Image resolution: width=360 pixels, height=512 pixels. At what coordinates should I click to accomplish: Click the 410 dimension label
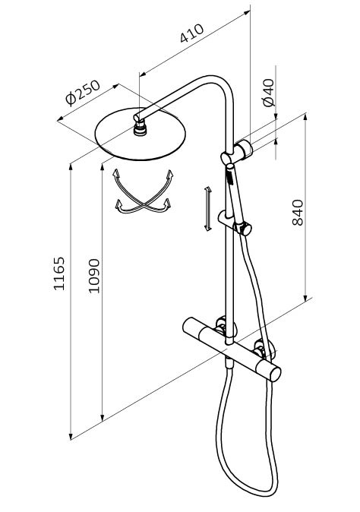[191, 33]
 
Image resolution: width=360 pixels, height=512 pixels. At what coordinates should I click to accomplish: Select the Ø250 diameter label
[83, 93]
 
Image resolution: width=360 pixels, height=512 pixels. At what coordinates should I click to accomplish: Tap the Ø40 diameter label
[269, 93]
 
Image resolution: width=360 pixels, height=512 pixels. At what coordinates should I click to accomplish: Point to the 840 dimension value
[297, 213]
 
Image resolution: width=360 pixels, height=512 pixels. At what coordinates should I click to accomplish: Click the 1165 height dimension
[59, 273]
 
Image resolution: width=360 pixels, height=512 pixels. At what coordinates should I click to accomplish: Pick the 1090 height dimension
[94, 276]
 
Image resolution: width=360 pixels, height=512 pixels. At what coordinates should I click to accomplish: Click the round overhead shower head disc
[140, 134]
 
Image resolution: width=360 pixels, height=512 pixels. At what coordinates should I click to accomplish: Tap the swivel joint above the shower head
[141, 128]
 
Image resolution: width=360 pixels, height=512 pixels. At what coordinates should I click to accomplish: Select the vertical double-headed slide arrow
[207, 209]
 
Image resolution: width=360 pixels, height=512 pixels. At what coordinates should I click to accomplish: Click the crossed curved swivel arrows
[144, 192]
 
